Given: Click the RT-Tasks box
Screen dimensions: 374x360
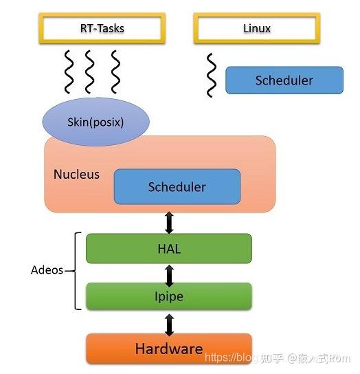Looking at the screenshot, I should (x=102, y=29).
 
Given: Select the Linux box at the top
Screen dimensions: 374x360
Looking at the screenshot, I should (x=257, y=29).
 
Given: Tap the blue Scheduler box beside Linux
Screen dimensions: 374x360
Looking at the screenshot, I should (x=284, y=80).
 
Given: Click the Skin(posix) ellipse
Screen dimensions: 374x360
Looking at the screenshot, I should (x=95, y=122).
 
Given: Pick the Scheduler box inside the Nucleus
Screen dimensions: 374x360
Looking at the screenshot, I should (x=177, y=186).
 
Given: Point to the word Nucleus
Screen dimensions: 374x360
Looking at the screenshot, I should (x=76, y=174).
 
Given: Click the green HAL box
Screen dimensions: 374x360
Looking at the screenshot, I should (x=168, y=248).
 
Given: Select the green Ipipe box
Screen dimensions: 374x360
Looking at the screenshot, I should (x=168, y=296).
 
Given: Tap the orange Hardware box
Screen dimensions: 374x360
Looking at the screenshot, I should (x=168, y=349).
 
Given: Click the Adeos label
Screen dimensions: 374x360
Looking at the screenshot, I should (x=47, y=270).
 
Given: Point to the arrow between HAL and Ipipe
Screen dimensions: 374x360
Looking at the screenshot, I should (x=169, y=272).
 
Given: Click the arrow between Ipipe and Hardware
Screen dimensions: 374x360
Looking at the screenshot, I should (x=169, y=322).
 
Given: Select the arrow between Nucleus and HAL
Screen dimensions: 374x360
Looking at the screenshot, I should (x=169, y=223).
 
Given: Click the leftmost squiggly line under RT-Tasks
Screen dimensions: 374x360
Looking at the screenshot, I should (x=69, y=71).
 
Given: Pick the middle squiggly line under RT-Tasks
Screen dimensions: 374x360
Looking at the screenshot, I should (x=91, y=71).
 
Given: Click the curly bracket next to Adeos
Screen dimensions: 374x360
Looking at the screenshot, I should (x=74, y=270).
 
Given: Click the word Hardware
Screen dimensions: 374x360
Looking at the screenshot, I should (x=168, y=349).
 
